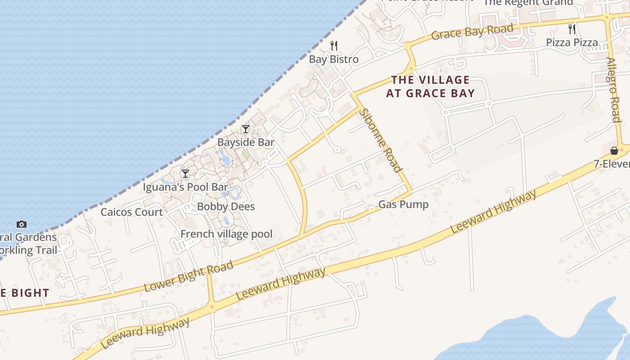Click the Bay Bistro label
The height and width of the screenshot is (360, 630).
click(333, 59)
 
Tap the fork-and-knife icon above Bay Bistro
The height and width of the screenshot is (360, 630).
click(333, 45)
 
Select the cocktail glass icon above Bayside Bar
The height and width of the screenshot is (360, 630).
click(245, 129)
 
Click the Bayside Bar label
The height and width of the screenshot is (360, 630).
click(246, 142)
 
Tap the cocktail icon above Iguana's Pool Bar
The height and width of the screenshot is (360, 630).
click(185, 173)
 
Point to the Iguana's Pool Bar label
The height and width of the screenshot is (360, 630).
click(185, 187)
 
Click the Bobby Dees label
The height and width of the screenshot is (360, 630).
click(226, 207)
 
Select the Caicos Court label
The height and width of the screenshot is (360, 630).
click(131, 212)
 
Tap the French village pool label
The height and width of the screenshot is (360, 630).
click(226, 234)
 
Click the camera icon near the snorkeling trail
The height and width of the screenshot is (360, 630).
click(21, 224)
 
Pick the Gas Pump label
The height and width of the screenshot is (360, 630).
click(403, 204)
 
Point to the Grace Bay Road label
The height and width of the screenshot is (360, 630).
click(472, 32)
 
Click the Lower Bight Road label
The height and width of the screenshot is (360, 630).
click(189, 276)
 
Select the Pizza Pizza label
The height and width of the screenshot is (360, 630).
click(572, 42)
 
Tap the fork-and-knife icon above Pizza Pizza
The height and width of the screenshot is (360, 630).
click(572, 29)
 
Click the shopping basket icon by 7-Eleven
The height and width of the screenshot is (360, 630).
click(614, 151)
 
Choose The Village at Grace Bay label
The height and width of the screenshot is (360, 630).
click(430, 87)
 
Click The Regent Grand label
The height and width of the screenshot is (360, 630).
click(528, 3)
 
